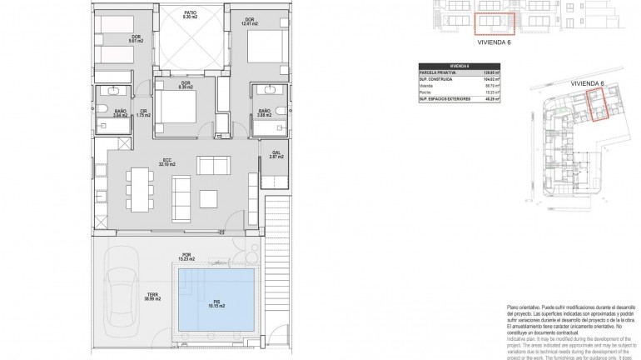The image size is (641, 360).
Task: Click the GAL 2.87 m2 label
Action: pos(276,154)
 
